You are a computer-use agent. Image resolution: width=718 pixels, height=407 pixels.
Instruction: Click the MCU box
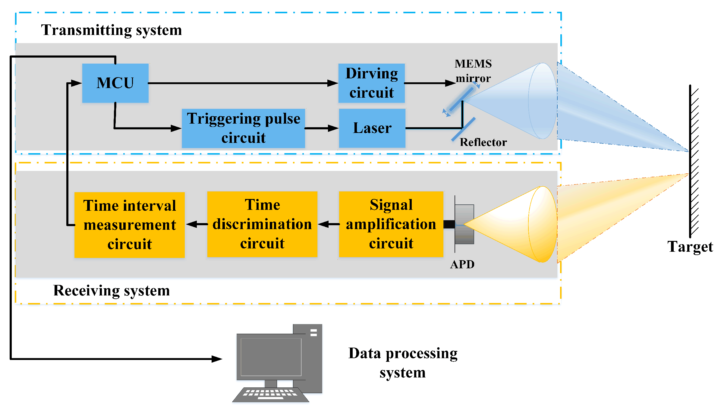pos(115,83)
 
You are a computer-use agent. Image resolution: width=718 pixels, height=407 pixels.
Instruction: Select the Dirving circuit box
pos(371,83)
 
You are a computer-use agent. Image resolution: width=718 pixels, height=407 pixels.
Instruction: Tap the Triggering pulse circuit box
pos(243,128)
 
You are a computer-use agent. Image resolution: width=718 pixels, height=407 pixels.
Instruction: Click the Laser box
pos(372,128)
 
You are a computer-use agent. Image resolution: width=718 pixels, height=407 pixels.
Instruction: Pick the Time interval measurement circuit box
pos(130,225)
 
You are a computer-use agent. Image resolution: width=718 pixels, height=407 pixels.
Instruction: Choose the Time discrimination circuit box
pos(262,224)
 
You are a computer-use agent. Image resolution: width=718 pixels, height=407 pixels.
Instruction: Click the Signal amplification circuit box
pos(391,224)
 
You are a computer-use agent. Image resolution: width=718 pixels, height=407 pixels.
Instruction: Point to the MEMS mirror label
pos(473,71)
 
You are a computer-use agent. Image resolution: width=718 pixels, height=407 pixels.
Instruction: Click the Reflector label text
pos(483,142)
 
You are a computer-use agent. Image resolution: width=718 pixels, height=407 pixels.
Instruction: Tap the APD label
pos(462,264)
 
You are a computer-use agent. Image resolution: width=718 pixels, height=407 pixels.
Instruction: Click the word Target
pos(690,247)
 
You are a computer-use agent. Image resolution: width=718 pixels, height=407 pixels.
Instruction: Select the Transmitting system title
pos(112,30)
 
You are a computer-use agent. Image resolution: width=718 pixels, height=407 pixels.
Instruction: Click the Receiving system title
pos(112,291)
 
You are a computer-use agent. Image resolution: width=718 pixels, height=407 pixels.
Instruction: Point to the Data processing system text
pos(403,363)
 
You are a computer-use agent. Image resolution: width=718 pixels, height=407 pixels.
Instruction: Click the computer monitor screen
pos(271,357)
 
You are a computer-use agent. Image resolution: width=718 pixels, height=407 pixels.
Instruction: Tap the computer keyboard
pos(270,394)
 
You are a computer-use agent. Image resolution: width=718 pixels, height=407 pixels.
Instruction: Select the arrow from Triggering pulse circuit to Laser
pos(322,128)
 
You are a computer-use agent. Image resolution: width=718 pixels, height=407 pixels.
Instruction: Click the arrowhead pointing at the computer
pos(217,359)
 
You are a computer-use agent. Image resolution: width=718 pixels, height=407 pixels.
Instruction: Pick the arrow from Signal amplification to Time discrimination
pos(328,224)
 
